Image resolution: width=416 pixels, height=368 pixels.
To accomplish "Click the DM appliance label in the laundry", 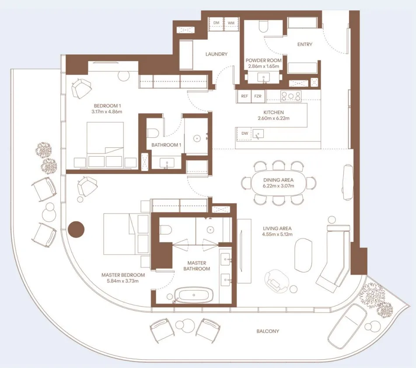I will pos(216,22).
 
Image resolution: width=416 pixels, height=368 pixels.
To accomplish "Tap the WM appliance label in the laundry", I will pos(231,22).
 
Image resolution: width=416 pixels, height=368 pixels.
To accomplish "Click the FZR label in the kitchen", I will pos(258,96).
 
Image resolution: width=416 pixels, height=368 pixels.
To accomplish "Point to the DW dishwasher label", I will pos(245,133).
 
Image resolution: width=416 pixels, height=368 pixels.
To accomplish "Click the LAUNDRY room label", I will pos(217,54).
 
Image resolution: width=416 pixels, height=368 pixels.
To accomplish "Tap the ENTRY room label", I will pos(304,44).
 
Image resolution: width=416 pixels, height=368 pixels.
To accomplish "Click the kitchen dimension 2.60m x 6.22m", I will pos(273,118).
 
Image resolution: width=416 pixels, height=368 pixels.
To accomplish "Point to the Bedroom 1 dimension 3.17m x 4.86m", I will pos(108,112).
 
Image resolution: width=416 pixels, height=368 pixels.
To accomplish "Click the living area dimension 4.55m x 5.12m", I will pos(277,234).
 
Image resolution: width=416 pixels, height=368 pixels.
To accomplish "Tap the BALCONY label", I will pos(268,331).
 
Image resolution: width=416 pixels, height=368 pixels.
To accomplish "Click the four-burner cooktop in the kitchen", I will pos(290,95).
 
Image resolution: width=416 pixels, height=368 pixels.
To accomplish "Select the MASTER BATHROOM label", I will pos(196,266).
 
